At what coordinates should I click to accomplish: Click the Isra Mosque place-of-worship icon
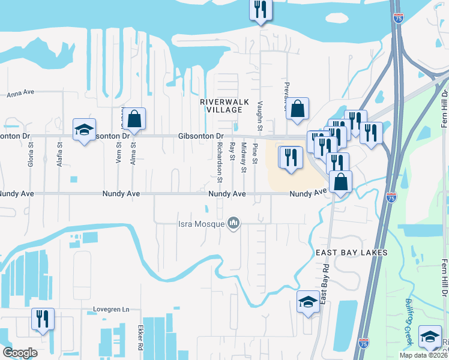234,224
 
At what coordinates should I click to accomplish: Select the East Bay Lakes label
352,253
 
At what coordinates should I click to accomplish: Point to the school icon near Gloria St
85,129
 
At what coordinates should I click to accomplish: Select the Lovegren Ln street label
111,310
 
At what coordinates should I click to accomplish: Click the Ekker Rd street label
140,339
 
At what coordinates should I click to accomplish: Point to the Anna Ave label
20,94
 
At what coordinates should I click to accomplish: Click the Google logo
20,352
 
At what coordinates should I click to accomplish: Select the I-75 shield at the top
399,19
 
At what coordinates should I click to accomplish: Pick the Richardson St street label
220,160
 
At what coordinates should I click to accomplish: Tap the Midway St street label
244,158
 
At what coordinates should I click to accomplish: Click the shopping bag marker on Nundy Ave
341,182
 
